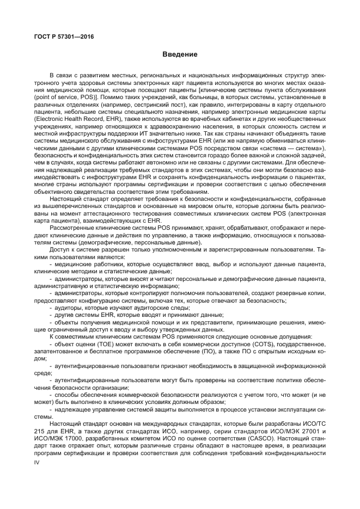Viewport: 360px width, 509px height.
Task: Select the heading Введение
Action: pyautogui.click(x=180, y=55)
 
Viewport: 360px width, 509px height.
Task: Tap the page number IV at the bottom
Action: pyautogui.click(x=37, y=477)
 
